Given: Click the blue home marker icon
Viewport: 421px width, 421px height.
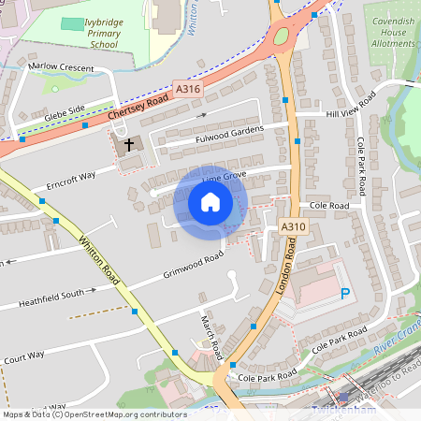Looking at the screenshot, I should point(210,202).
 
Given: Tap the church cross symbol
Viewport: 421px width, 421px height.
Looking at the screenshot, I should point(126,144).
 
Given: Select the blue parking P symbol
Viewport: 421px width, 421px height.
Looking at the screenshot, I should point(345,294).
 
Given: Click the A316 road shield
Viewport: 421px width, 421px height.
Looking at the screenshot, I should point(187,89).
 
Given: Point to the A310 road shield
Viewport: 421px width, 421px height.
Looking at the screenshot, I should point(293,227).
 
